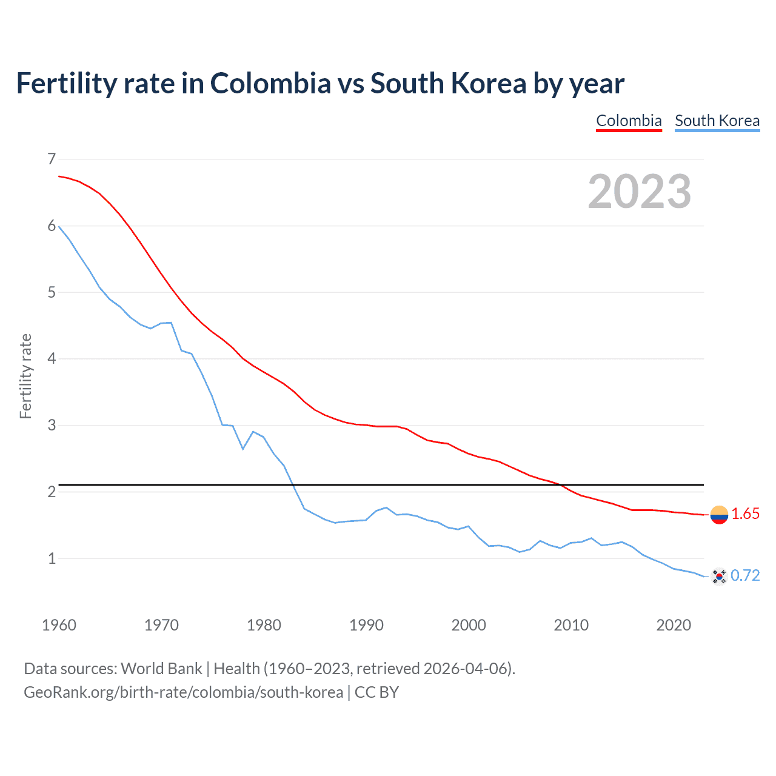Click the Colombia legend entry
629,121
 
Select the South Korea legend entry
717,121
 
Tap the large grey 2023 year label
639,192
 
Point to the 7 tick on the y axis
52,159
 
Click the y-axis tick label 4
52,359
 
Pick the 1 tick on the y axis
52,558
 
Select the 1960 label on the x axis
59,625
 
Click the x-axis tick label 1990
366,625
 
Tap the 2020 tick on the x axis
674,625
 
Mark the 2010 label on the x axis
571,625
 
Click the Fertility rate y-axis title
25,376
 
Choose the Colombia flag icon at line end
719,515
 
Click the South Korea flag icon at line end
719,576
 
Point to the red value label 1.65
745,514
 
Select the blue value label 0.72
745,576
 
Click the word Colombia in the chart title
270,84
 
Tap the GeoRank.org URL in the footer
183,692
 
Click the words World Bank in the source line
161,669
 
